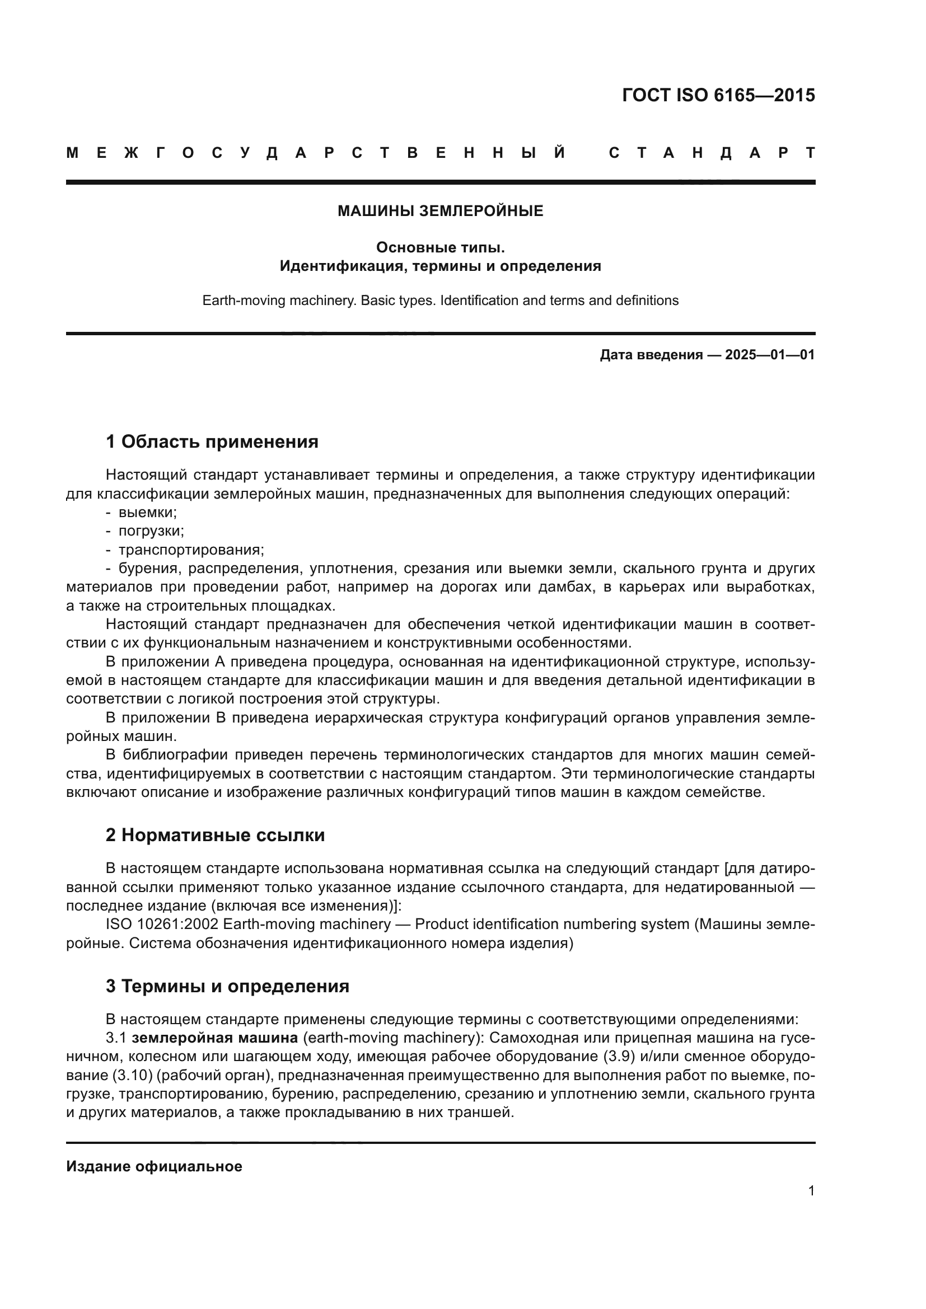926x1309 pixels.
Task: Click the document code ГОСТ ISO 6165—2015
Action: [718, 95]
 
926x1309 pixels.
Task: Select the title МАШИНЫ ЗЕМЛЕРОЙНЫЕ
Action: [440, 211]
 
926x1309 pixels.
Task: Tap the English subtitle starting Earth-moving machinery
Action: [440, 301]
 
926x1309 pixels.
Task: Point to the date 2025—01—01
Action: [769, 355]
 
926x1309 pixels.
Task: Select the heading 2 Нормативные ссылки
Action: [215, 835]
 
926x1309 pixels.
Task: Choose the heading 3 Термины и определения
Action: [227, 986]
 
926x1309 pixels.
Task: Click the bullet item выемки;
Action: [147, 512]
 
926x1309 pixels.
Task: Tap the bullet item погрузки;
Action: [151, 531]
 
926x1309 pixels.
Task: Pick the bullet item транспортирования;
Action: [190, 550]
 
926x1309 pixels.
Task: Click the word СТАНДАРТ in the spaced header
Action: [712, 153]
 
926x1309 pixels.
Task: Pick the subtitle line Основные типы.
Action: [440, 247]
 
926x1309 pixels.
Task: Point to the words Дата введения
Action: [651, 355]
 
